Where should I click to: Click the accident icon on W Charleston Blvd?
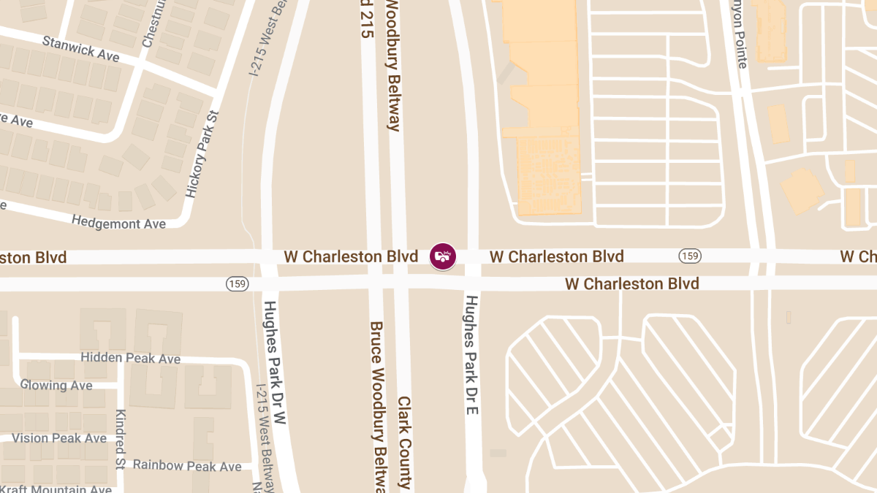click(x=442, y=256)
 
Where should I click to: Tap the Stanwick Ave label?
click(x=80, y=49)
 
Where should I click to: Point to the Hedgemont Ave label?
click(x=118, y=221)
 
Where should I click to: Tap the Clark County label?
click(x=404, y=442)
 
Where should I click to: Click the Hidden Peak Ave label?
click(x=130, y=358)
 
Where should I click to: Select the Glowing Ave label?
click(x=56, y=385)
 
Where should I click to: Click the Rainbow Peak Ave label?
click(x=187, y=465)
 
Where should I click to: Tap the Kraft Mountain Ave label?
click(x=56, y=489)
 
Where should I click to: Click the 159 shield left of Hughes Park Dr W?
click(x=237, y=283)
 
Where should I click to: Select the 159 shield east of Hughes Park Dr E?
click(x=690, y=256)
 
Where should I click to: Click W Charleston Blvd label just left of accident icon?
click(x=351, y=256)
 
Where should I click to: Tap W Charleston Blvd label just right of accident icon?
click(x=557, y=256)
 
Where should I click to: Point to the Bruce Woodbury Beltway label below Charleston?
click(x=377, y=406)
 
